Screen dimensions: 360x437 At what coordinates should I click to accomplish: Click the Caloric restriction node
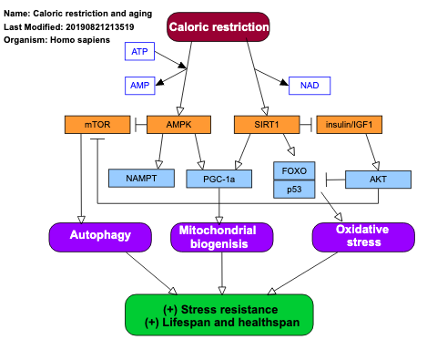point(218,27)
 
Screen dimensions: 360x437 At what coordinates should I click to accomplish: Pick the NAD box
point(309,86)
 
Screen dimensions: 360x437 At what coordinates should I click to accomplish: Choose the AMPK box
point(178,124)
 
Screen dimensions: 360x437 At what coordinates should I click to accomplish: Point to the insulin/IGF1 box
point(350,124)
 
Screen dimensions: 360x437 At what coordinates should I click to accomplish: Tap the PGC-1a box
point(218,179)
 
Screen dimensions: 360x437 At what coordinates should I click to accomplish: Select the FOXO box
point(294,170)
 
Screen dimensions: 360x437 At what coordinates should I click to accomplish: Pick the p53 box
point(294,189)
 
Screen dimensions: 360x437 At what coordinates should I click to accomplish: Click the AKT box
point(378,179)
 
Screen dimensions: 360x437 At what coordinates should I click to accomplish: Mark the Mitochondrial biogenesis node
point(218,237)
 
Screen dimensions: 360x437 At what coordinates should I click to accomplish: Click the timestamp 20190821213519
point(102,26)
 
